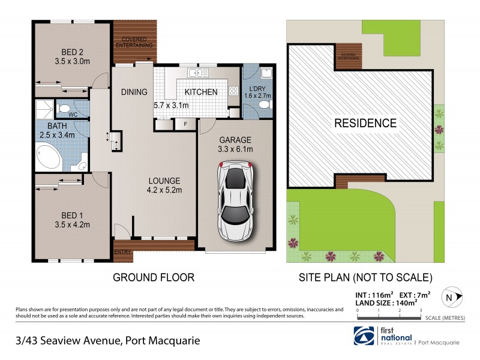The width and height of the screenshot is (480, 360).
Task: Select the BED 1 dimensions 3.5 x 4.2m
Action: click(71, 225)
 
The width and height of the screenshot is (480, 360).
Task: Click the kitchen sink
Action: click(196, 73)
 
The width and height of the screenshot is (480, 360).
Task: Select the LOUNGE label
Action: click(165, 180)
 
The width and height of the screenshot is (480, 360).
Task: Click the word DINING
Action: click(134, 92)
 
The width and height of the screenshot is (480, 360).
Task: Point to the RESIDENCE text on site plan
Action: click(365, 124)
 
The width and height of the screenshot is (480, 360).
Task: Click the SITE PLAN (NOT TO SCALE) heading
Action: click(365, 277)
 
